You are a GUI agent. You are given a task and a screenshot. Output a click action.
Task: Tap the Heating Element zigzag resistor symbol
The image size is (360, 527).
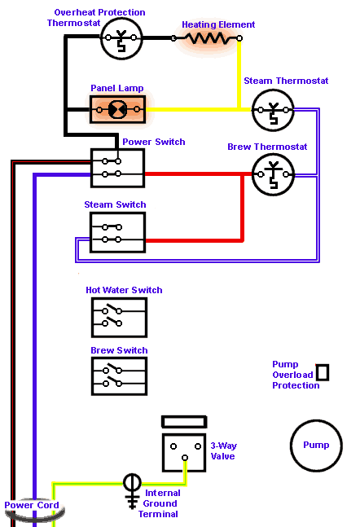click(206, 38)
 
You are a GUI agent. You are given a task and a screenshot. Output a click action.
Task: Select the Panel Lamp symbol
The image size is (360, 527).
click(117, 109)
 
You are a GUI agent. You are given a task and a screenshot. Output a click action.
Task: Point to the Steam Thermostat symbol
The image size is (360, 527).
click(273, 110)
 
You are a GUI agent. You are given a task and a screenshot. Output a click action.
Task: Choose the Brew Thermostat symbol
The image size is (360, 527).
click(273, 174)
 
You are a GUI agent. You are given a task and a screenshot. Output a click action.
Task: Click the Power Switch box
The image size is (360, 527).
click(117, 168)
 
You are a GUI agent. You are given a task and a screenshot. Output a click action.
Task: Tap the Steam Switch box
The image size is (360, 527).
click(117, 233)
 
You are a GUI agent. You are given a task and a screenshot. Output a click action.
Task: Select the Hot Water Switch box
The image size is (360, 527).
click(120, 318)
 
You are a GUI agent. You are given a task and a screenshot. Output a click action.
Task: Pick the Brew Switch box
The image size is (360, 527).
click(120, 376)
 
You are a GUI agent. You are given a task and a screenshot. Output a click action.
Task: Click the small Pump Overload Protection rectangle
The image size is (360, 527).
click(323, 372)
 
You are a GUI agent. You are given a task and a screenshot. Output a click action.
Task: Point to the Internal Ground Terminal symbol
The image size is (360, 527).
click(132, 491)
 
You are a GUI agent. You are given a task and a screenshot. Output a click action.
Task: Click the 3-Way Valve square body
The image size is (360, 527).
click(184, 452)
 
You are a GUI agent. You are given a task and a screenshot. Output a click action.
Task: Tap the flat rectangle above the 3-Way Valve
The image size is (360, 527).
click(184, 422)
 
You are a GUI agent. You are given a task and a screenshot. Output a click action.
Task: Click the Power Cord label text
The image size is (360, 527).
click(32, 505)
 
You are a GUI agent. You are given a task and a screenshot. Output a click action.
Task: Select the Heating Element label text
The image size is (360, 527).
click(218, 24)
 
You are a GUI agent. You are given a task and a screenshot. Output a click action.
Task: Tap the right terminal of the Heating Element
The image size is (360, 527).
click(239, 38)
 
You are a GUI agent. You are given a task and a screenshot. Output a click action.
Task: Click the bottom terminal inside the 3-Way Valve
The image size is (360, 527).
click(185, 458)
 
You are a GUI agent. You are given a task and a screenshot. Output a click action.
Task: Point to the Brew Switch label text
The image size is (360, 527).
click(119, 350)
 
